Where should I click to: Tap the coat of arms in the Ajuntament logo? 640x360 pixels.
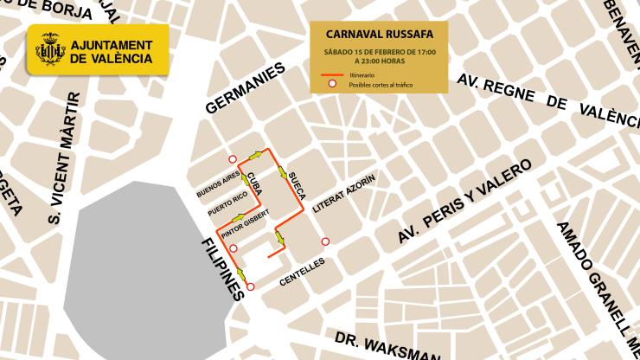[51, 49]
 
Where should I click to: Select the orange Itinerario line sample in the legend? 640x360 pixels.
[330, 75]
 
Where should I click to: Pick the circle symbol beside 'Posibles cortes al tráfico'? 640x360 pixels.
[330, 85]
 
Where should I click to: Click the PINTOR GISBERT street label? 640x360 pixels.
[246, 223]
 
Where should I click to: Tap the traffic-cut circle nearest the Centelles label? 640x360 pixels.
[325, 241]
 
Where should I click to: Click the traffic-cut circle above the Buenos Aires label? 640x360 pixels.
[232, 158]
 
